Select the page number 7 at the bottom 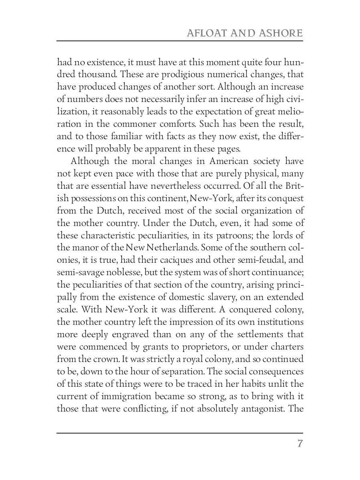(x=300, y=444)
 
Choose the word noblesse (x=135, y=273)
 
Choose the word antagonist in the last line (x=251, y=409)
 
